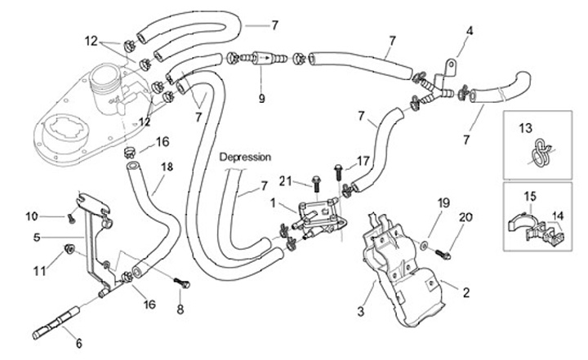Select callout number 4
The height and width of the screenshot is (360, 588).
point(470,32)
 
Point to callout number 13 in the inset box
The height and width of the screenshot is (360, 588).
point(524,127)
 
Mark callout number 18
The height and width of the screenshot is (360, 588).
point(167,167)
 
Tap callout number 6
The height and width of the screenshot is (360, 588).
point(79,344)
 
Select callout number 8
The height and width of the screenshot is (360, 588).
point(180,309)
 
